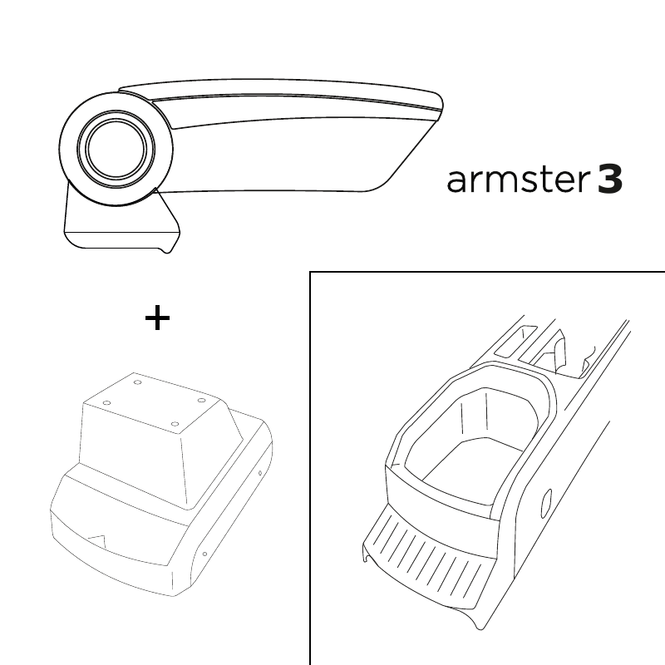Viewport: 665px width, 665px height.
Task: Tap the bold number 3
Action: pyautogui.click(x=610, y=180)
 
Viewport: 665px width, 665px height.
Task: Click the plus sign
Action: pyautogui.click(x=157, y=318)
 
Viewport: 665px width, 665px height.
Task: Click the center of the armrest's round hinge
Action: pyautogui.click(x=116, y=149)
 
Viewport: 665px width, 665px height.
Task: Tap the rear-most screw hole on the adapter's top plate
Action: pyautogui.click(x=137, y=382)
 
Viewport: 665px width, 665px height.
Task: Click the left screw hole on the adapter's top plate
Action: pyautogui.click(x=107, y=402)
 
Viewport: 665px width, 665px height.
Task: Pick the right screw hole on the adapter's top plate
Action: pyautogui.click(x=202, y=401)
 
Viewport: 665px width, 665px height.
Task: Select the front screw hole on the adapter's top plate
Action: pyautogui.click(x=175, y=424)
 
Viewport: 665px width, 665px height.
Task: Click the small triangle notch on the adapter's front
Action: pyautogui.click(x=97, y=539)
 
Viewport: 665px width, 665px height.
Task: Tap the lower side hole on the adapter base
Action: pyautogui.click(x=204, y=554)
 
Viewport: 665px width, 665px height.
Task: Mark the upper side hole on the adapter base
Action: pyautogui.click(x=260, y=473)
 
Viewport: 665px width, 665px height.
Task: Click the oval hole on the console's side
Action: pyautogui.click(x=547, y=504)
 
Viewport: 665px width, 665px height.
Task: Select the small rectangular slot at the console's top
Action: pyautogui.click(x=516, y=341)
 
